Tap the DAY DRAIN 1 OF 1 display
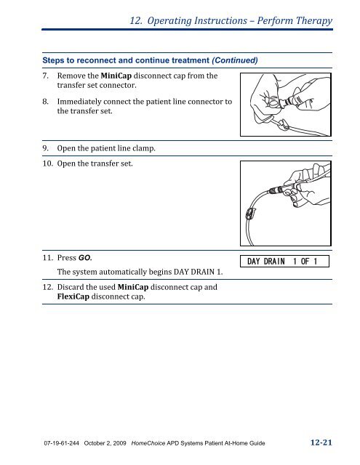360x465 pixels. click(286, 261)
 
